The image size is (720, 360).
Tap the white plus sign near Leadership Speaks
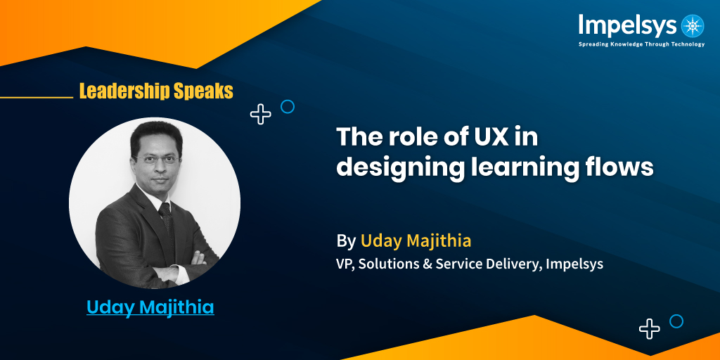click(x=261, y=114)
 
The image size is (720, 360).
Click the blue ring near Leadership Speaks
click(x=287, y=107)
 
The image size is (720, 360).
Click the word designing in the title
click(x=397, y=167)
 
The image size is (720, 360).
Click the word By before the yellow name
click(x=346, y=241)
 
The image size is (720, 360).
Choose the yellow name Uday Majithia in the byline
click(x=416, y=241)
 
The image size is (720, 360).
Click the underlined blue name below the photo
click(x=150, y=307)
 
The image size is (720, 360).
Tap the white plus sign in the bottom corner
click(x=650, y=328)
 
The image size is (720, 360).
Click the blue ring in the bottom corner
click(x=676, y=321)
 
